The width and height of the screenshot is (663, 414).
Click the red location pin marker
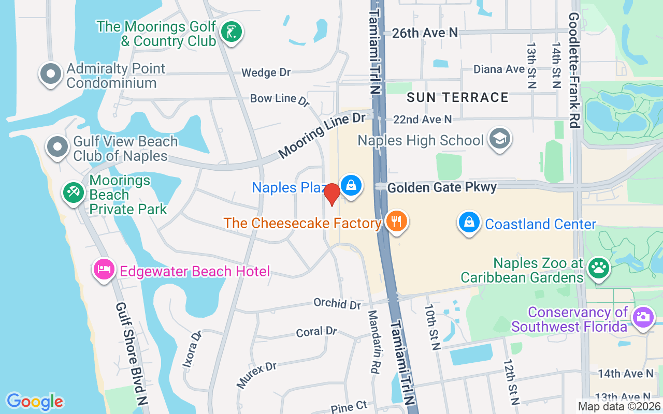[331, 194]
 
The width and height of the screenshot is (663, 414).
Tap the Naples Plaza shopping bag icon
[351, 185]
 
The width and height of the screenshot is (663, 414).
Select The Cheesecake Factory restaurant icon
[397, 221]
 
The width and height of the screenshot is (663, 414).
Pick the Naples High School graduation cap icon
[500, 138]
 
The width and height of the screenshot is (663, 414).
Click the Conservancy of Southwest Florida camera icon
[643, 316]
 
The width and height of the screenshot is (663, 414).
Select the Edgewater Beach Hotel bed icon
[104, 269]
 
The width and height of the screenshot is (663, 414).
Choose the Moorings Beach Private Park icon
[73, 193]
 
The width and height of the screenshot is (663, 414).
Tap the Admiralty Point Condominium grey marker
[50, 74]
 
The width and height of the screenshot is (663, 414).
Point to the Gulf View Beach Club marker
[57, 147]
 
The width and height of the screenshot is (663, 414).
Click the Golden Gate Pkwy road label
[442, 187]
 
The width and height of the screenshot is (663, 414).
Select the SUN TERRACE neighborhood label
[457, 97]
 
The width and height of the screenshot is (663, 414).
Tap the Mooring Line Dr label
[322, 136]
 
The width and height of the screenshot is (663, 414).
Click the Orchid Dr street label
[337, 303]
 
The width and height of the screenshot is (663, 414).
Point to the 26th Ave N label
[425, 33]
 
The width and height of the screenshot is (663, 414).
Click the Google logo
[35, 402]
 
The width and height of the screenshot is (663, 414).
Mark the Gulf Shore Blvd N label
[132, 354]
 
